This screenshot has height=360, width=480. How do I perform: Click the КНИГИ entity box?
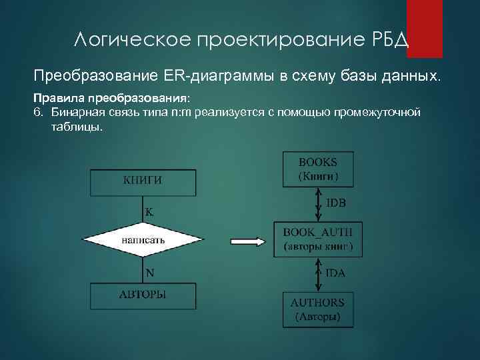143,179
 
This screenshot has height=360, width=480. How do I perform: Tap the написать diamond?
143,239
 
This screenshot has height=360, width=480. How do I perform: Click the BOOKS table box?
318,169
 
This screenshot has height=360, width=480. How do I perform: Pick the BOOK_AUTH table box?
318,239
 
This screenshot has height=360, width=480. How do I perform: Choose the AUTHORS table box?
318,309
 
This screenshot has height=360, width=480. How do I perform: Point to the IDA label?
335,273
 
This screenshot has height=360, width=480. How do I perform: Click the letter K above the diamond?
149,212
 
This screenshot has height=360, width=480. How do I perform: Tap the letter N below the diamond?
150,272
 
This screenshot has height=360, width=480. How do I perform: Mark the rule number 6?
38,111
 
